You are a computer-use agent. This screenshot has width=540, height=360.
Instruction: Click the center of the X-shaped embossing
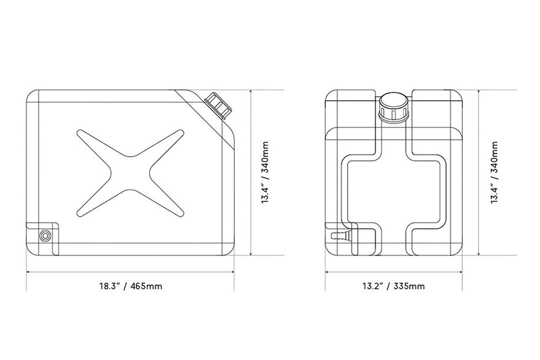130,173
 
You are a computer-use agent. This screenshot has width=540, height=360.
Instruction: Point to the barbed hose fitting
338,235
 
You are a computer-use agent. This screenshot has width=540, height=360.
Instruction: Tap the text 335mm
409,286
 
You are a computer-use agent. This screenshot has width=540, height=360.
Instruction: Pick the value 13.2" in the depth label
373,286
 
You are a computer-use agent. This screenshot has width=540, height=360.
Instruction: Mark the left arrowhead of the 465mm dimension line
28,272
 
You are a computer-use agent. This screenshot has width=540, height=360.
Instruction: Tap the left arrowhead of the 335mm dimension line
327,272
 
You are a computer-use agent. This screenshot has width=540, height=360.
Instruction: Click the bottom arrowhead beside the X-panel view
251,253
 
